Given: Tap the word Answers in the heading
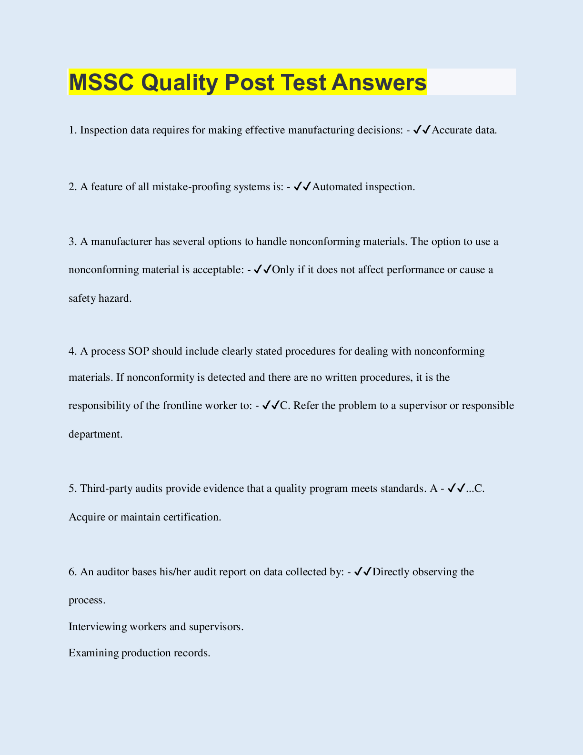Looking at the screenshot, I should click(379, 82).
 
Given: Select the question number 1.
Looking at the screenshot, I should click(72, 130).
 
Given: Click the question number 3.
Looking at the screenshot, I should click(72, 242).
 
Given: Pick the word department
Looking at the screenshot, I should click(95, 434).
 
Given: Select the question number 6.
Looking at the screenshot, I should click(72, 572).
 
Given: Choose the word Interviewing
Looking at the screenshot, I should click(98, 626).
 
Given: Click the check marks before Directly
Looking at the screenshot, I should click(363, 571).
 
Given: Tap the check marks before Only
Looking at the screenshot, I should click(262, 270).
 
